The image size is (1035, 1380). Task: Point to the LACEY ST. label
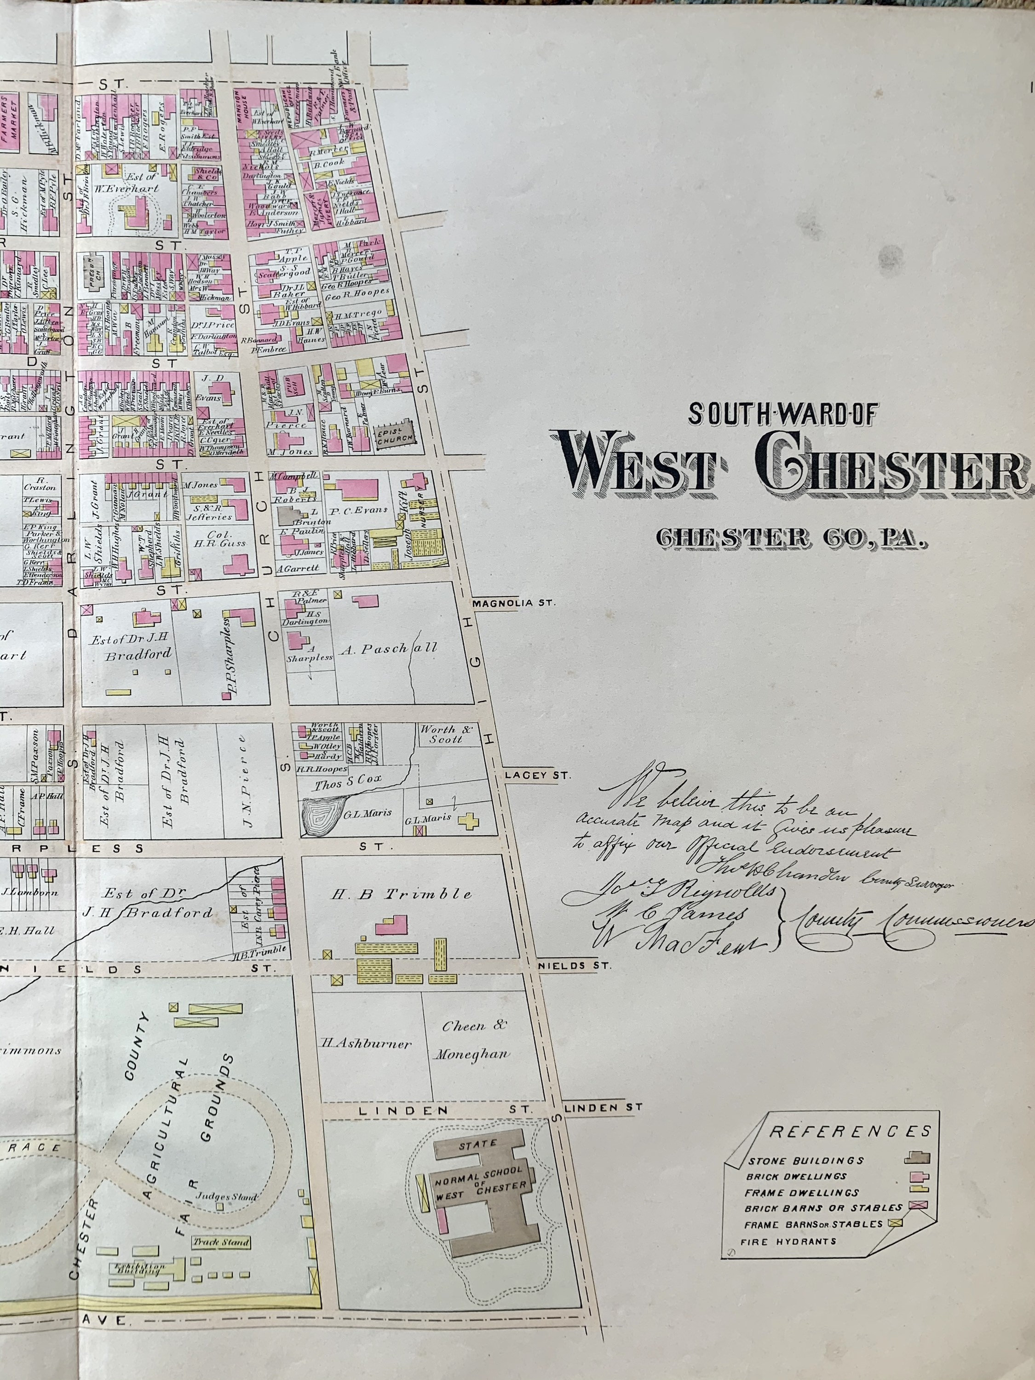(x=536, y=776)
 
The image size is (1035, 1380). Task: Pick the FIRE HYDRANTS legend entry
(x=788, y=1242)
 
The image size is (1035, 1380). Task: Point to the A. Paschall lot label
(x=388, y=649)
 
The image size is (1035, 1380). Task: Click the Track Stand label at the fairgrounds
(x=221, y=1242)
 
